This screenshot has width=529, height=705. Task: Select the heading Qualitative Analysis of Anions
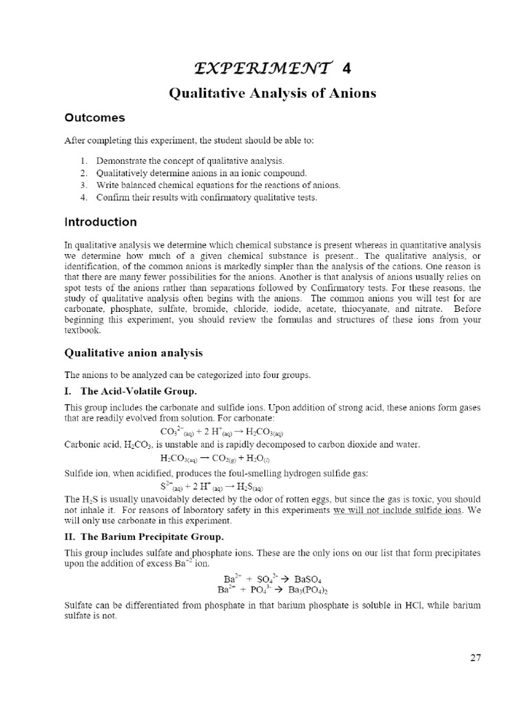click(x=273, y=93)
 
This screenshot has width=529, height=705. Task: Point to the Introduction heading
click(x=101, y=222)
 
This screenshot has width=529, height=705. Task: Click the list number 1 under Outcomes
click(x=83, y=160)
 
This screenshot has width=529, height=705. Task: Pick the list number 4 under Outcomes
click(x=83, y=198)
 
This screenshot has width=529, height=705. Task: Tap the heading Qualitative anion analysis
click(x=134, y=352)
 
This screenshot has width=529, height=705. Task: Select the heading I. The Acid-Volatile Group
click(x=126, y=390)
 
